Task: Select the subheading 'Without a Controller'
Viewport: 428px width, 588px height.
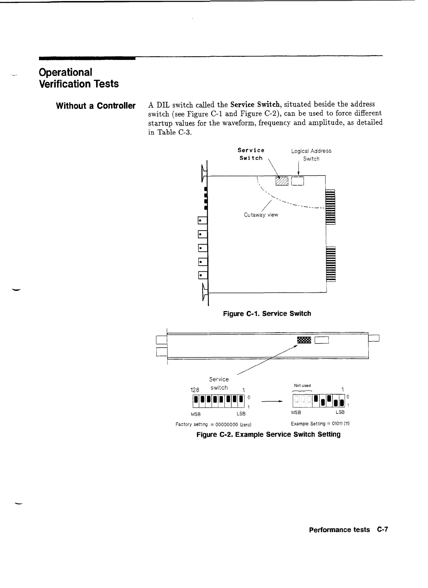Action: (95, 106)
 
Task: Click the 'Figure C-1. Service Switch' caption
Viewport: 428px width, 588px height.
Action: (267, 314)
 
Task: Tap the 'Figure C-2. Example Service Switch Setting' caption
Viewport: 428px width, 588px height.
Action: (268, 434)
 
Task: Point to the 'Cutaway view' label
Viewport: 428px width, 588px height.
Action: (261, 215)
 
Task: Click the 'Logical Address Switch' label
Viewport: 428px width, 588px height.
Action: (311, 155)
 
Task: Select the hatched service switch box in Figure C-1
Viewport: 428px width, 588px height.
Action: (282, 180)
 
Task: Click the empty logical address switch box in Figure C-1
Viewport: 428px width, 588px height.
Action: (298, 180)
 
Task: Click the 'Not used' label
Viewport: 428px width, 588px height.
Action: (302, 385)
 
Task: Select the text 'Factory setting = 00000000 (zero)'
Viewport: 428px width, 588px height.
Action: (213, 424)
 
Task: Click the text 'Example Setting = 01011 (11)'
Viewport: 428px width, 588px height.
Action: (320, 424)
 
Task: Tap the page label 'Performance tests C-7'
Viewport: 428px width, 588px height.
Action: (348, 529)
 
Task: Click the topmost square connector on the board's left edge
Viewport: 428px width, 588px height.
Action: (202, 221)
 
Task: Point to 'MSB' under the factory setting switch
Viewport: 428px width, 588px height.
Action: (195, 414)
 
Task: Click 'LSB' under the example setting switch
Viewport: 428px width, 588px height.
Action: (340, 412)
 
